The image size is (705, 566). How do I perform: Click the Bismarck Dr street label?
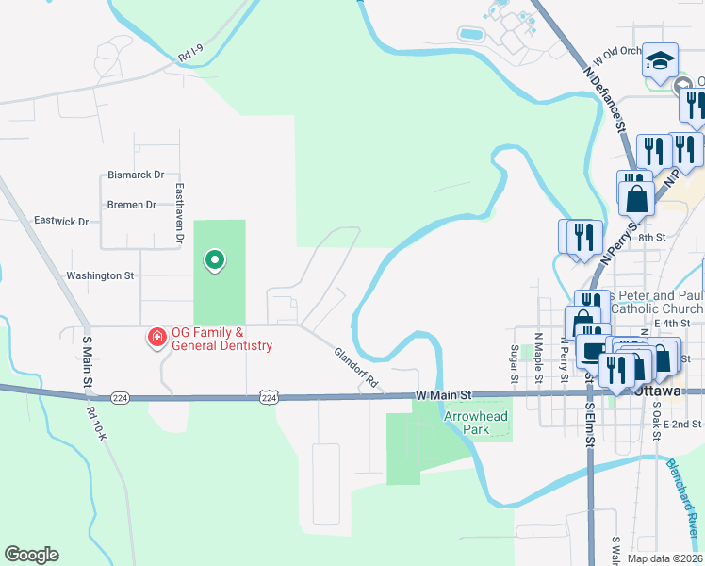point(136,175)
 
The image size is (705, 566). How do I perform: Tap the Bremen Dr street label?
point(132,205)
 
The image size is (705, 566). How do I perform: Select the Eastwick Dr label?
point(60,222)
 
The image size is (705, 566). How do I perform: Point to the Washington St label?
point(100,276)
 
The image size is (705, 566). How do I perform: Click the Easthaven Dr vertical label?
point(177,214)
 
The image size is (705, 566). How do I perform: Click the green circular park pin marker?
point(215,259)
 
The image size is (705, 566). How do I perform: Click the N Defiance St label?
point(605,97)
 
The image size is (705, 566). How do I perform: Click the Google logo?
point(32,555)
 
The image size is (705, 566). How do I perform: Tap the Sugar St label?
point(515,363)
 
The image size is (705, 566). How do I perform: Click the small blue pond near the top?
point(469,34)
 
